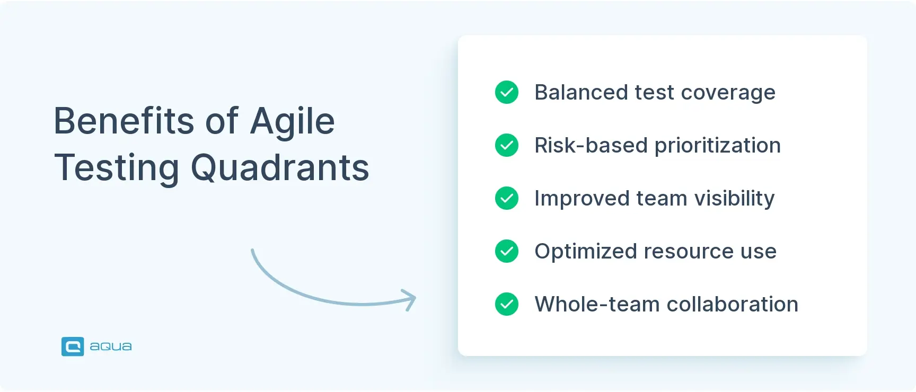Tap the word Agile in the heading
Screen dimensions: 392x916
[x=292, y=122]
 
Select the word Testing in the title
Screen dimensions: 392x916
[x=117, y=168]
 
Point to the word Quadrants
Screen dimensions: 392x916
[x=279, y=168]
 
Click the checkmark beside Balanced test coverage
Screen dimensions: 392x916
[x=507, y=92]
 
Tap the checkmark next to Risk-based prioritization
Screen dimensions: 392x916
[x=507, y=145]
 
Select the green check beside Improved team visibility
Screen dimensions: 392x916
[x=507, y=198]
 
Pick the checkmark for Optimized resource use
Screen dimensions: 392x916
[x=507, y=251]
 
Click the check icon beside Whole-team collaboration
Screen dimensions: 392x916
[x=507, y=304]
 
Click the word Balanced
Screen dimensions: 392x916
[x=581, y=92]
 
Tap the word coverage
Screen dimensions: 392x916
[x=728, y=93]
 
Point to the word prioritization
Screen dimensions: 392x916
[x=718, y=146]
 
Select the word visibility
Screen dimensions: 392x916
[x=734, y=199]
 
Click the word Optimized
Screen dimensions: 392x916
[x=585, y=252]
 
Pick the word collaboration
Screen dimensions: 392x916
[x=732, y=304]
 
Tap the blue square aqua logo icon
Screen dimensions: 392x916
[x=73, y=346]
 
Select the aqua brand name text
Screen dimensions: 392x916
[x=110, y=346]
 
